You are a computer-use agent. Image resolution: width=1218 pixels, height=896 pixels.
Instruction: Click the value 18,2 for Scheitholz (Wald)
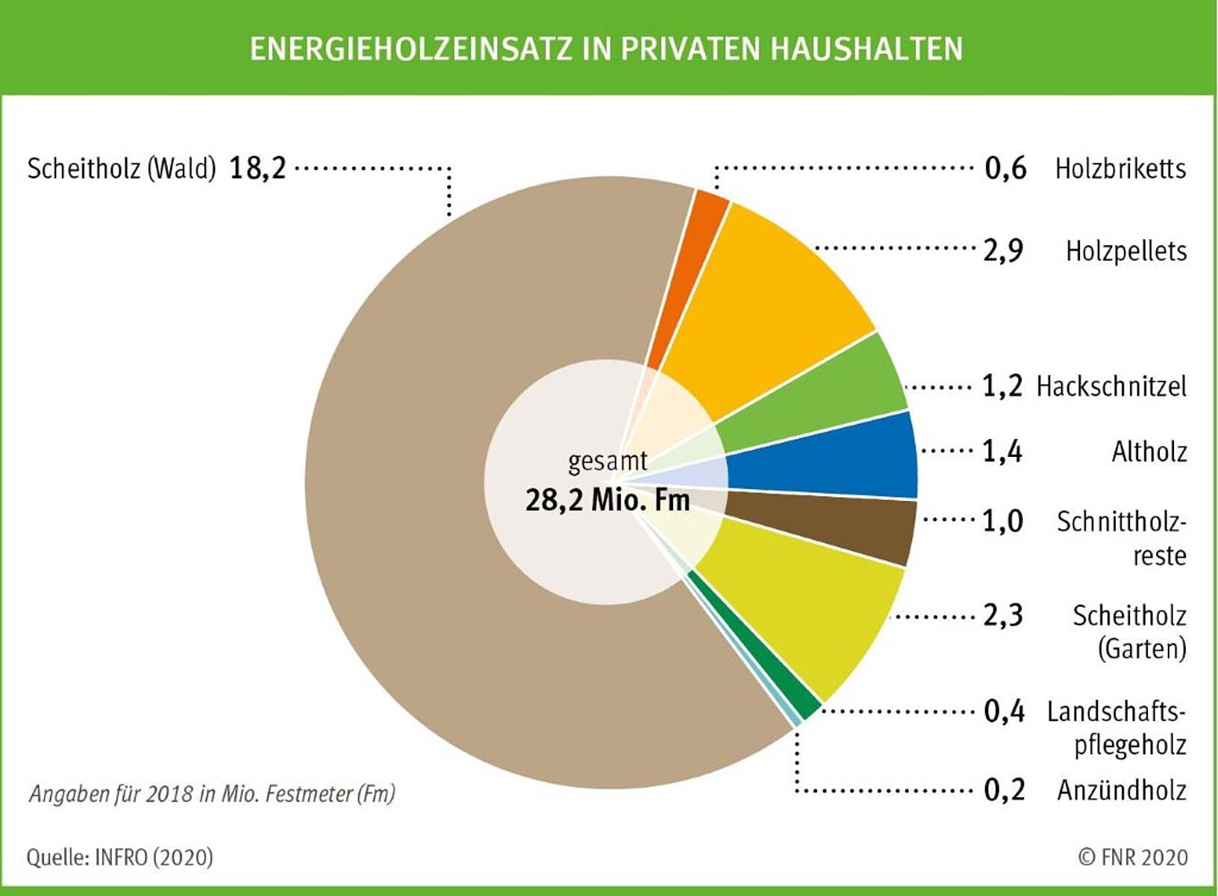click(x=257, y=168)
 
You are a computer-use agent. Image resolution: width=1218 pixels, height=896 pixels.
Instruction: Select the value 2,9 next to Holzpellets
click(x=1002, y=250)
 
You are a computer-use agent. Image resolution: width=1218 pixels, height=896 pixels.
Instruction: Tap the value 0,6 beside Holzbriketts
click(x=1005, y=168)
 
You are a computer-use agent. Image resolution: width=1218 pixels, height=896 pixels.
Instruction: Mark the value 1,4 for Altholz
click(x=1002, y=451)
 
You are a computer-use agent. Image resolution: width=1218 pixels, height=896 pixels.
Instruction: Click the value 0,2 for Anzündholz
click(x=1004, y=789)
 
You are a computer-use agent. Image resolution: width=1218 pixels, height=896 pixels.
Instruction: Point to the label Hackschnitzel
click(x=1111, y=386)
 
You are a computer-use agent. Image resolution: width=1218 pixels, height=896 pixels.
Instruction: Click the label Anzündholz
click(x=1121, y=789)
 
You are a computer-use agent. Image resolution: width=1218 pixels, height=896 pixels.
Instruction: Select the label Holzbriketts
click(x=1119, y=168)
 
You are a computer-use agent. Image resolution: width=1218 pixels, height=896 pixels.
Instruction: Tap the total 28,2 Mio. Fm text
click(x=608, y=500)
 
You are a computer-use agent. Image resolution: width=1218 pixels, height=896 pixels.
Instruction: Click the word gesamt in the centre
click(x=608, y=461)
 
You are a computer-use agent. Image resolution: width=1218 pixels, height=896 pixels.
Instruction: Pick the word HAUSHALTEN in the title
click(x=866, y=49)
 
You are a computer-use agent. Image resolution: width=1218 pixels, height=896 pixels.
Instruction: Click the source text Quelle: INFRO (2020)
click(x=119, y=856)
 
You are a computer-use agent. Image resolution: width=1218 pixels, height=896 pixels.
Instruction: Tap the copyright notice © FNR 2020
click(x=1132, y=856)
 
